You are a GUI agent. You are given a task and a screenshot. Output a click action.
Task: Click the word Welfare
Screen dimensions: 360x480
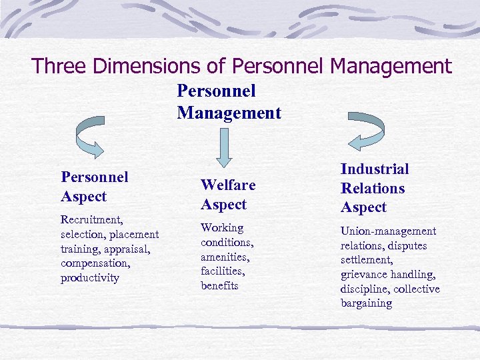click(228, 185)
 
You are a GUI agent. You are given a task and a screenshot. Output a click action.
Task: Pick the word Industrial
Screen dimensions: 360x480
click(375, 169)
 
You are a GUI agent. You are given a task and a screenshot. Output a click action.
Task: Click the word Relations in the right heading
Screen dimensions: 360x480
click(373, 189)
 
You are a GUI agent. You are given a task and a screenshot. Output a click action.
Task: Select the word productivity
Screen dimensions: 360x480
click(89, 278)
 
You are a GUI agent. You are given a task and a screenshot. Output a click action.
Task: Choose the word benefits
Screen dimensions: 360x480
click(219, 285)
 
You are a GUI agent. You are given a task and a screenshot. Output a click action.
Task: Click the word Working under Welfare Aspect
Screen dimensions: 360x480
click(222, 228)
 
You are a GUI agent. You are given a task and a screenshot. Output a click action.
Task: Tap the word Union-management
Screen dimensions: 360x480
click(389, 231)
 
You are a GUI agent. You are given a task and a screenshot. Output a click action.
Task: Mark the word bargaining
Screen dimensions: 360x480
click(366, 303)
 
